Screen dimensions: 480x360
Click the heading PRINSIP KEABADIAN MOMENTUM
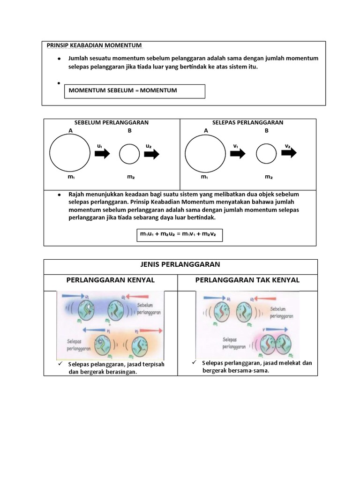pos(94,45)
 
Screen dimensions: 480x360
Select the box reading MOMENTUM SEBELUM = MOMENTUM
pos(135,91)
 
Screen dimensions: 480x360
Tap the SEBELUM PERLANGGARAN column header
pos(112,122)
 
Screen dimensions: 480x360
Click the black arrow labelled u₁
pos(102,154)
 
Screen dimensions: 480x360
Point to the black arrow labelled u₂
pos(151,154)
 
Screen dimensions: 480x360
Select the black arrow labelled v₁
pos(238,154)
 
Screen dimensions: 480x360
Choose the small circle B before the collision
pos(129,154)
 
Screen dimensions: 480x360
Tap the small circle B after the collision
pos(266,154)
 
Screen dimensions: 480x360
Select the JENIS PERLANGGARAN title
pos(180,264)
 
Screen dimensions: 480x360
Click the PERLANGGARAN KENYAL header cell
pos(111,280)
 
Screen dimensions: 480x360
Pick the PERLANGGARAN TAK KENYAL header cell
pos(247,280)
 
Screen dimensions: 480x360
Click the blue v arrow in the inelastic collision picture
pos(277,330)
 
